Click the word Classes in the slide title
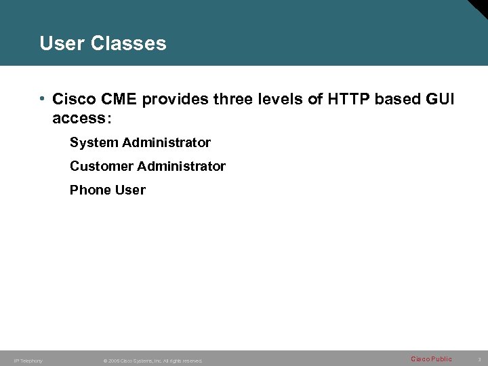pyautogui.click(x=128, y=43)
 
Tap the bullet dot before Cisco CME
pyautogui.click(x=42, y=99)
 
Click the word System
pyautogui.click(x=94, y=143)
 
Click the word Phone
pyautogui.click(x=90, y=190)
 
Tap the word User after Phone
pyautogui.click(x=130, y=190)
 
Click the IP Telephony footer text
pyautogui.click(x=28, y=361)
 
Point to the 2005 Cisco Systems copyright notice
pyautogui.click(x=152, y=361)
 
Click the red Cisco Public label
pyautogui.click(x=431, y=359)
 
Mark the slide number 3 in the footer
pyautogui.click(x=479, y=359)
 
